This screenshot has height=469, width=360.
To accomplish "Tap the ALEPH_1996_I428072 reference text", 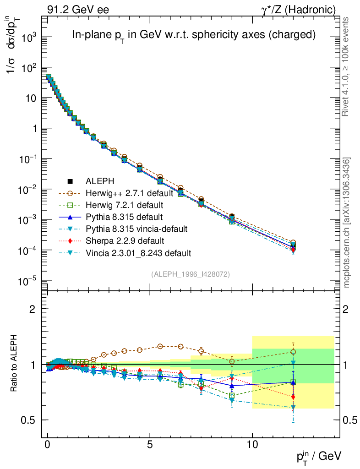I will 190,274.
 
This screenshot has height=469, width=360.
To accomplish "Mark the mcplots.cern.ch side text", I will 347,223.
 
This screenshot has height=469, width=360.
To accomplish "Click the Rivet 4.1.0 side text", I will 347,67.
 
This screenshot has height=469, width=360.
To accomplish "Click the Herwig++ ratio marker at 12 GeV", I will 293,352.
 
